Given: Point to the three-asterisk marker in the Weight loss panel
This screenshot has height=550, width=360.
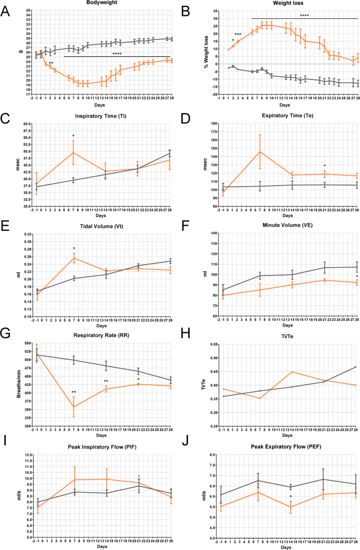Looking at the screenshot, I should [238, 35].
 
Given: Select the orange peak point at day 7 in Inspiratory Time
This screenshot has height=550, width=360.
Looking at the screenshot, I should [74, 152].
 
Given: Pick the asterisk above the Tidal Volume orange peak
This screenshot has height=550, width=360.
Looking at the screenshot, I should [74, 248].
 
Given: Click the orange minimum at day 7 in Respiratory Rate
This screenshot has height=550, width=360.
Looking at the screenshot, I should [74, 407].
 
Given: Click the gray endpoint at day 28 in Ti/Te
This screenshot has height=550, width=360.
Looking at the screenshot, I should [357, 367].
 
